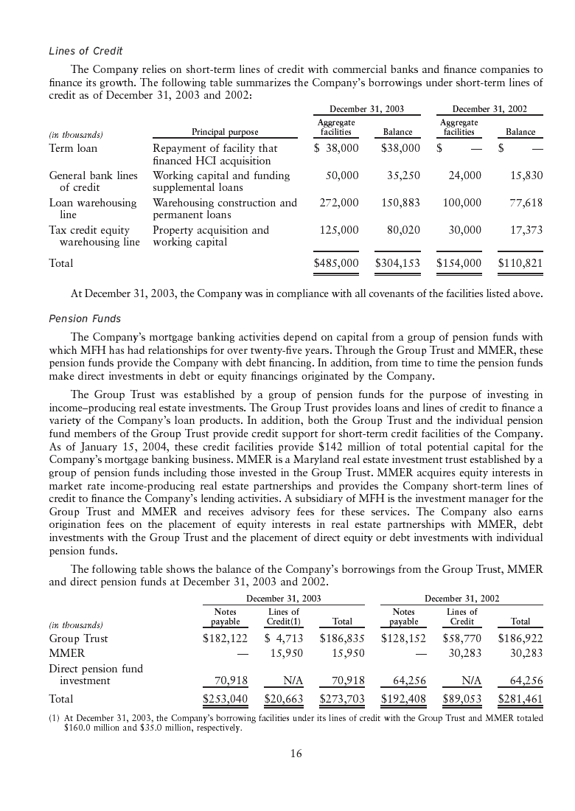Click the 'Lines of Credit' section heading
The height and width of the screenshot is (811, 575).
pos(86,51)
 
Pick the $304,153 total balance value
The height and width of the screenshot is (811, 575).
pos(397,262)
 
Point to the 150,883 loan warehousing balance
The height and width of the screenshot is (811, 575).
pos(397,203)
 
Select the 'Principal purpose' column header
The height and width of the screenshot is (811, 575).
pos(225,133)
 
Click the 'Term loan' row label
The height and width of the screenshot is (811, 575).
pos(73,148)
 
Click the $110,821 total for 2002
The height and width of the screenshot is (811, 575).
pos(520,262)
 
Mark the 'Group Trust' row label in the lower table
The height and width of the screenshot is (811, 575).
pos(78,638)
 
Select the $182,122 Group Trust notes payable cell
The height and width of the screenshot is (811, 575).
pos(225,638)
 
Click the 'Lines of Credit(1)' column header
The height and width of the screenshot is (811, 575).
pos(284,617)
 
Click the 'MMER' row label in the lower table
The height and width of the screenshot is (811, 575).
pos(66,653)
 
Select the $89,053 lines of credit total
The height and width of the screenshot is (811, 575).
pos(462,697)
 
